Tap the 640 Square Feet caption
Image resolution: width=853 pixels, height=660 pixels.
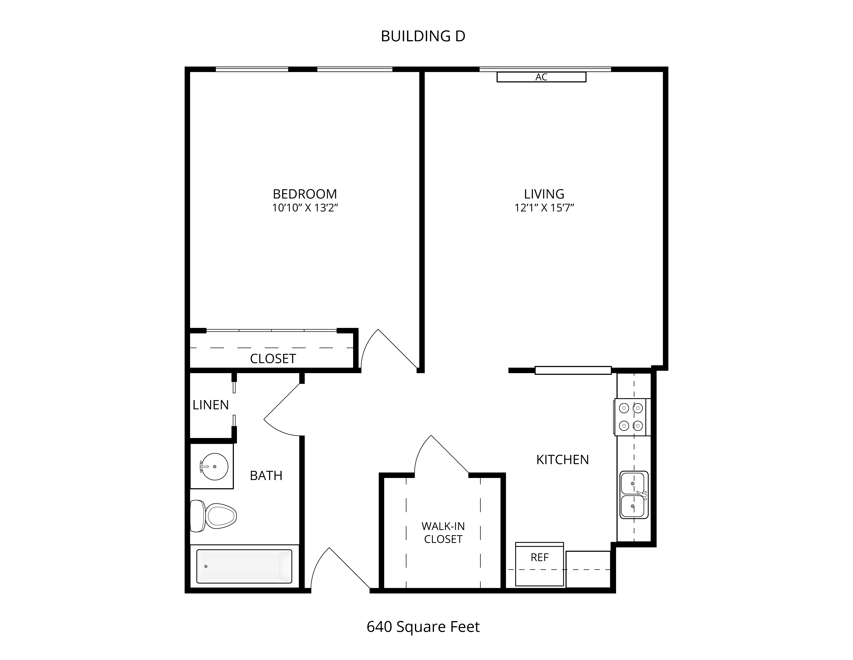pyautogui.click(x=423, y=627)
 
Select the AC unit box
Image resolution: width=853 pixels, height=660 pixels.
pyautogui.click(x=541, y=77)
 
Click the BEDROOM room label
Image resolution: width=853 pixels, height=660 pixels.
pyautogui.click(x=305, y=194)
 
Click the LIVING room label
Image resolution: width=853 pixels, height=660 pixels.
pyautogui.click(x=544, y=194)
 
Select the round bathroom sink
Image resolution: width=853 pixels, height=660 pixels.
pyautogui.click(x=214, y=466)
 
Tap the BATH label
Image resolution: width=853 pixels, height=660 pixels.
pyautogui.click(x=266, y=475)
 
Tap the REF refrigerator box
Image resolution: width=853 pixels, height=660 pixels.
pyautogui.click(x=539, y=564)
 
